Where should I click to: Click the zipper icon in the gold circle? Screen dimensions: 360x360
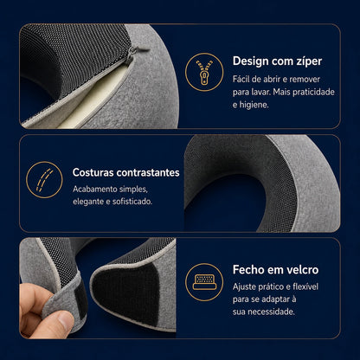tap(204, 72)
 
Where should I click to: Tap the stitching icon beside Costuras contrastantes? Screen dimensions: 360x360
tap(44, 180)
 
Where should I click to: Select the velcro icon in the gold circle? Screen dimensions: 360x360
tap(204, 282)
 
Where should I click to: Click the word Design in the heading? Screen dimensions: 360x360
tap(249, 61)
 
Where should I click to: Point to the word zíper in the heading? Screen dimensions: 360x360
tap(309, 61)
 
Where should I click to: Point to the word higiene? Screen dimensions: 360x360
tap(255, 105)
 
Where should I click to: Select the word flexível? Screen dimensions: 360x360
tap(305, 286)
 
